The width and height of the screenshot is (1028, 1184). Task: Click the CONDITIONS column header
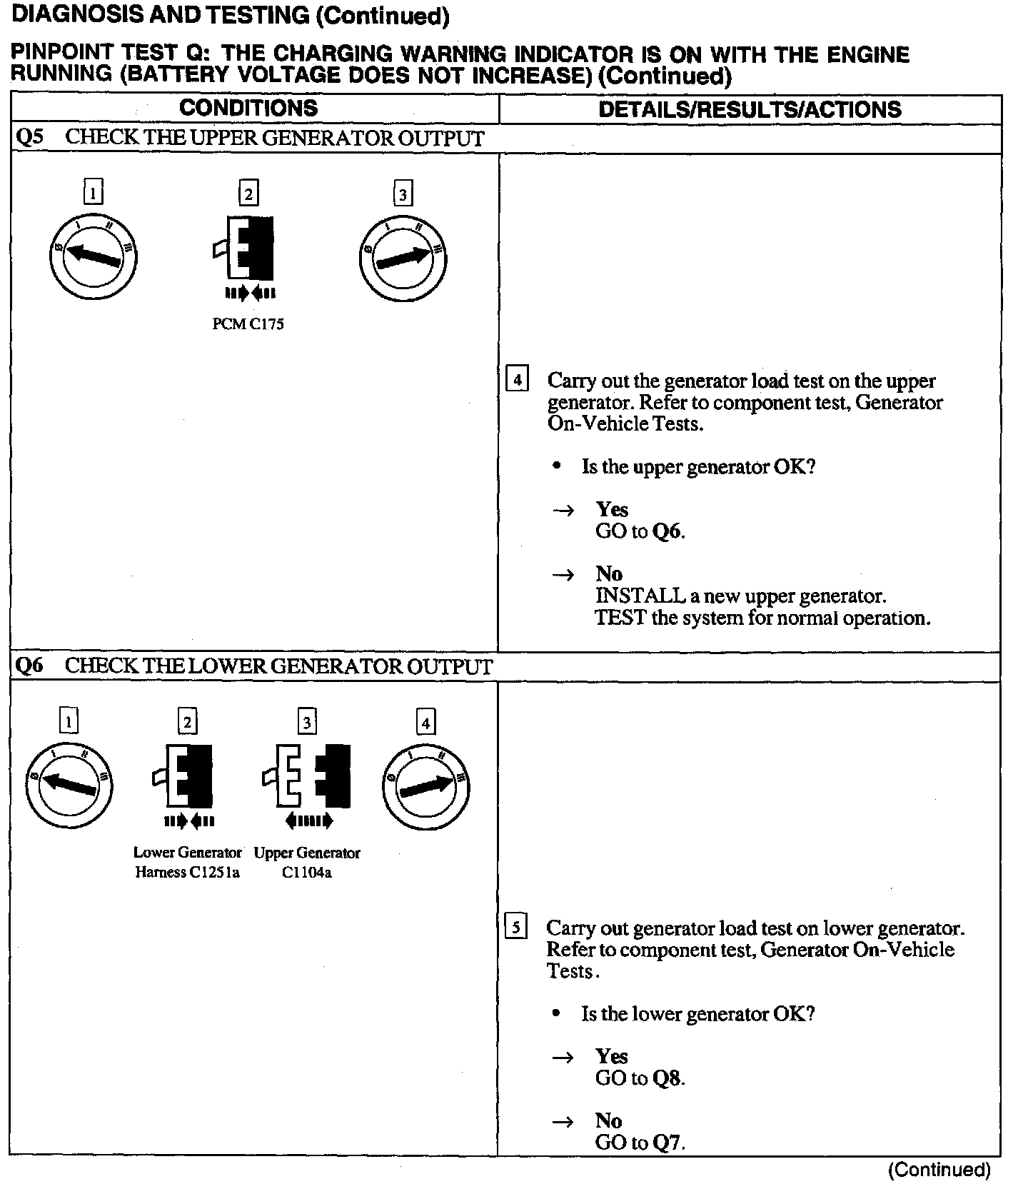click(x=248, y=109)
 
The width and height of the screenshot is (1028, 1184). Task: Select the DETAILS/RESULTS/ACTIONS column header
click(x=750, y=109)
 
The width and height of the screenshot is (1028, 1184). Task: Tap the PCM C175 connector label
click(x=248, y=324)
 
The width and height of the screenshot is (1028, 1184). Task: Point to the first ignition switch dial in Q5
click(x=93, y=257)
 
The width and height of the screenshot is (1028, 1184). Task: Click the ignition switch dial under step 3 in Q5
click(x=403, y=258)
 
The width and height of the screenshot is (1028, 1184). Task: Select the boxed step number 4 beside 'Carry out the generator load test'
click(x=517, y=378)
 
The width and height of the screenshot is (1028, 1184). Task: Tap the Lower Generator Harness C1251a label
click(x=187, y=862)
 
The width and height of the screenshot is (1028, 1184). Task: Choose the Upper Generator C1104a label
click(x=307, y=862)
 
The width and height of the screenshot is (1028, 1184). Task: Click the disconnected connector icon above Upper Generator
click(x=307, y=777)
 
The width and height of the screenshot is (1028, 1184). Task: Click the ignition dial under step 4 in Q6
click(x=425, y=786)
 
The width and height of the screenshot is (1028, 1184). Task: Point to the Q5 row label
click(x=29, y=138)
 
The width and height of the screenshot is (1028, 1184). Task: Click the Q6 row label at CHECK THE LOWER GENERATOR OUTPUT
click(x=29, y=666)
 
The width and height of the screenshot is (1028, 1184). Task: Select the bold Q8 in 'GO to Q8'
click(x=667, y=1078)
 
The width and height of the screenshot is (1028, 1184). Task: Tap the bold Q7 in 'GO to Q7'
click(x=667, y=1143)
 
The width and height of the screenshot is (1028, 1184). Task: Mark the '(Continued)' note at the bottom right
click(x=939, y=1170)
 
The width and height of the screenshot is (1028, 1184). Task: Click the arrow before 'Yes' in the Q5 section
click(x=564, y=510)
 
